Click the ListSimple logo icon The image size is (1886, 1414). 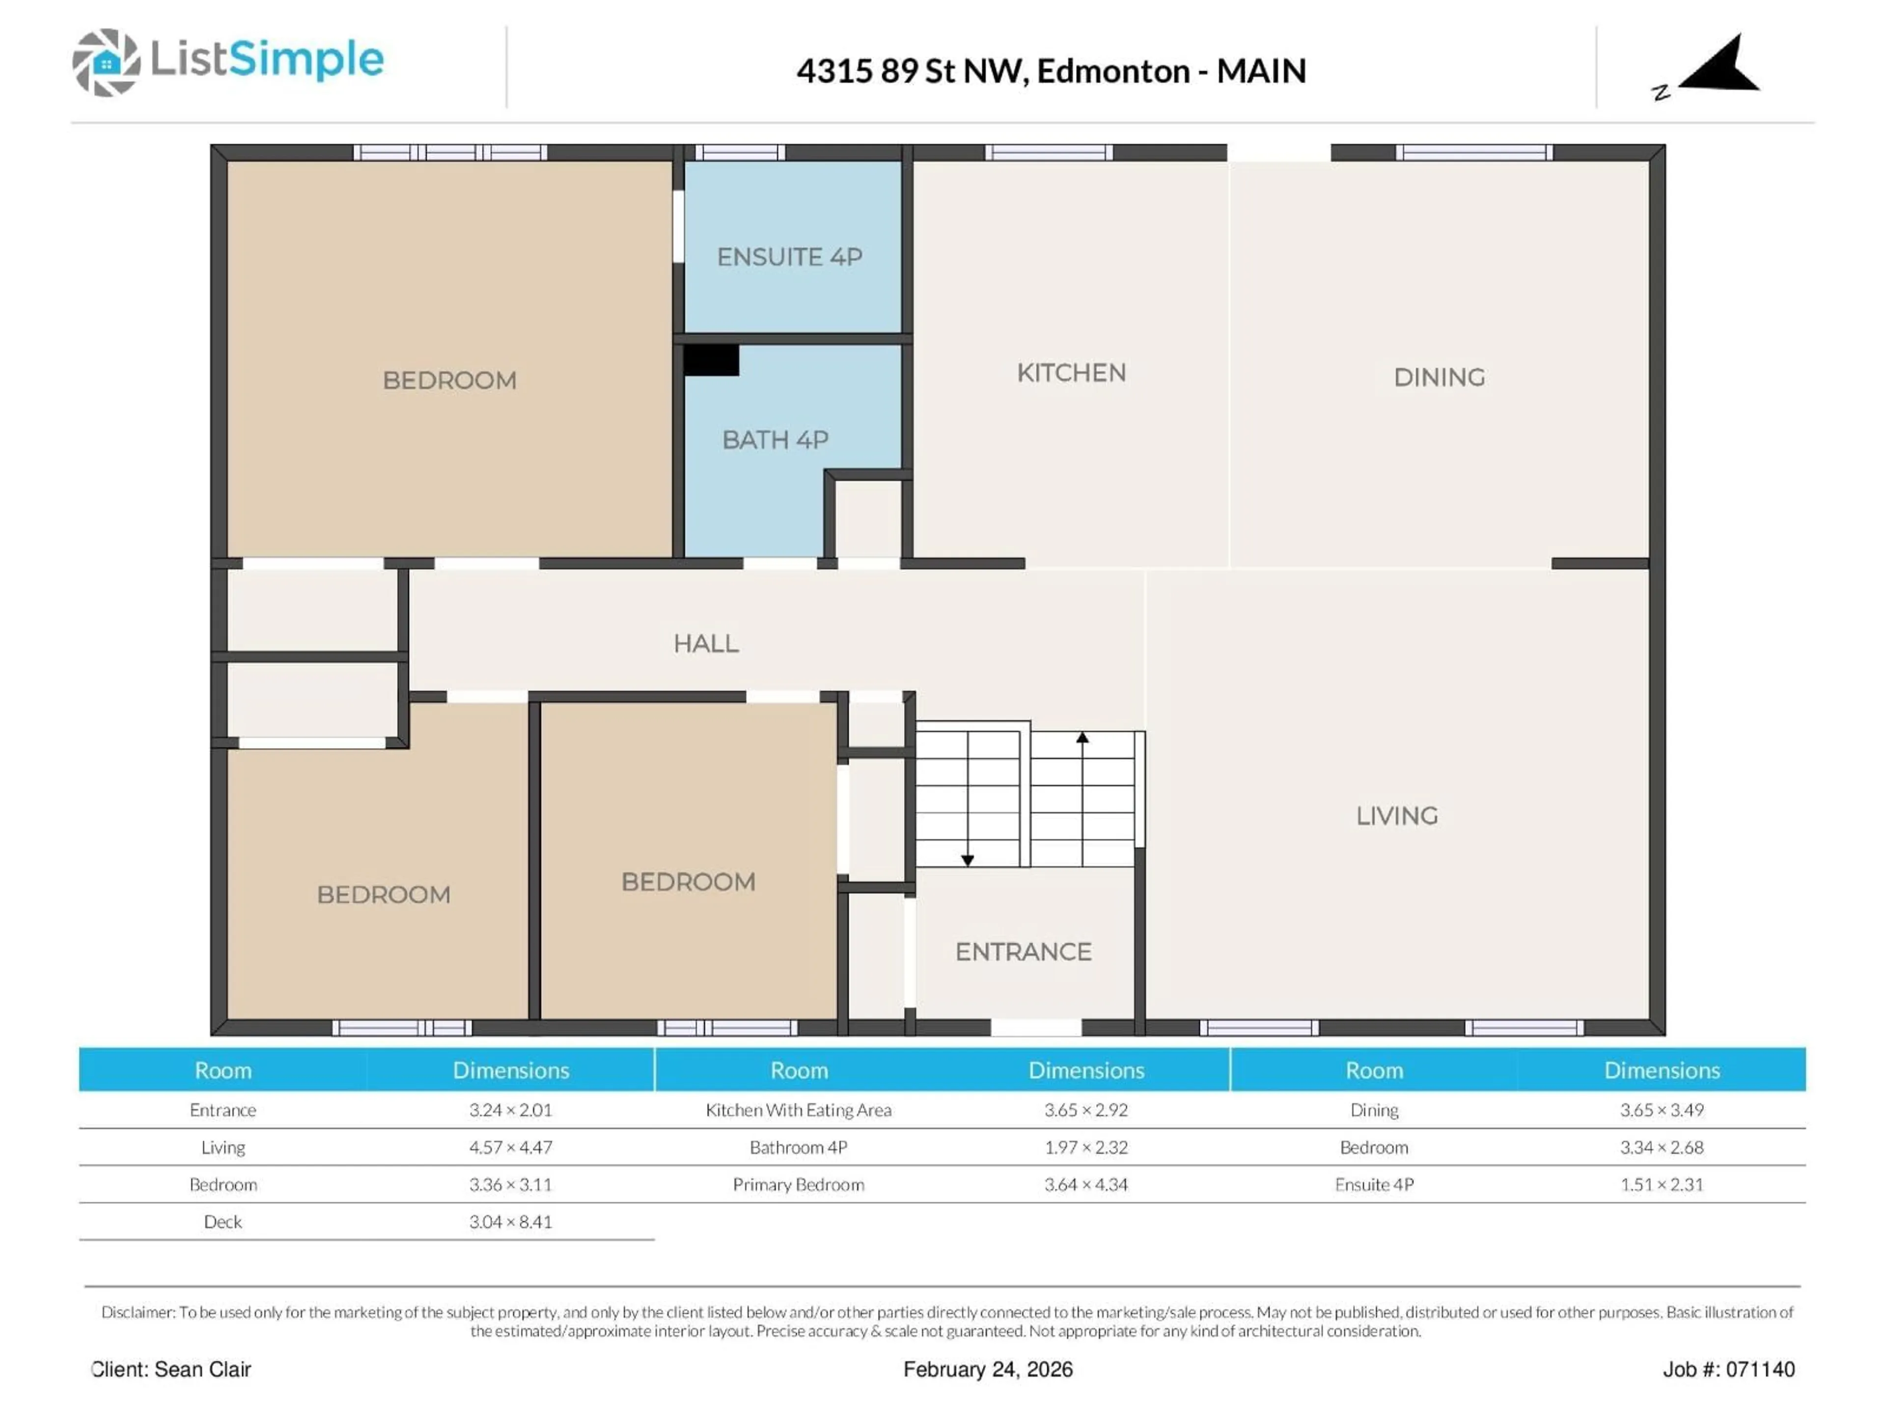click(x=106, y=62)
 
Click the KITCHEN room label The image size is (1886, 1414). click(x=1071, y=373)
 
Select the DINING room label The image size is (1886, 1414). click(x=1439, y=377)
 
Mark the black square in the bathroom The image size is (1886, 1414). click(x=710, y=360)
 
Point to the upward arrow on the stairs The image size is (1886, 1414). click(x=1082, y=738)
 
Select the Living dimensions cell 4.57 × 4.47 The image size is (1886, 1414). click(x=510, y=1147)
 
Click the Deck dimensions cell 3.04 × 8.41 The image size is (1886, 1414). click(x=510, y=1222)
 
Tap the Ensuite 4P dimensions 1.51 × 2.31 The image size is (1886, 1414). click(x=1661, y=1185)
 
